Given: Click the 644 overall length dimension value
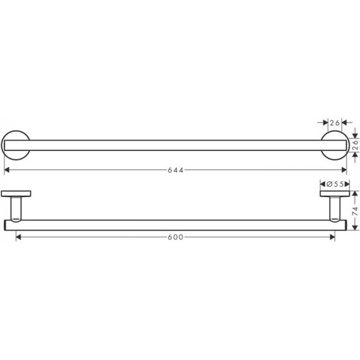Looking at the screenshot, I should [177, 170].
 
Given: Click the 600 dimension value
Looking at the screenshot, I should [176, 237].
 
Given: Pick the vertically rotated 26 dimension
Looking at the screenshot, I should [356, 145].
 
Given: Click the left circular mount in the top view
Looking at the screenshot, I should [16, 146].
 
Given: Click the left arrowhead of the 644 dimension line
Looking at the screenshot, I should [7, 170].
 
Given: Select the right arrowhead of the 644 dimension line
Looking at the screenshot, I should [344, 170].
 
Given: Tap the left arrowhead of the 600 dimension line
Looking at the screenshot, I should [18, 237].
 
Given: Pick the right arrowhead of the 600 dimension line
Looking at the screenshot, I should [332, 237].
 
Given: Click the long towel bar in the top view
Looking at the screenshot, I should [177, 146].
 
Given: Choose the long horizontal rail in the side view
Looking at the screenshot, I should [177, 224].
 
